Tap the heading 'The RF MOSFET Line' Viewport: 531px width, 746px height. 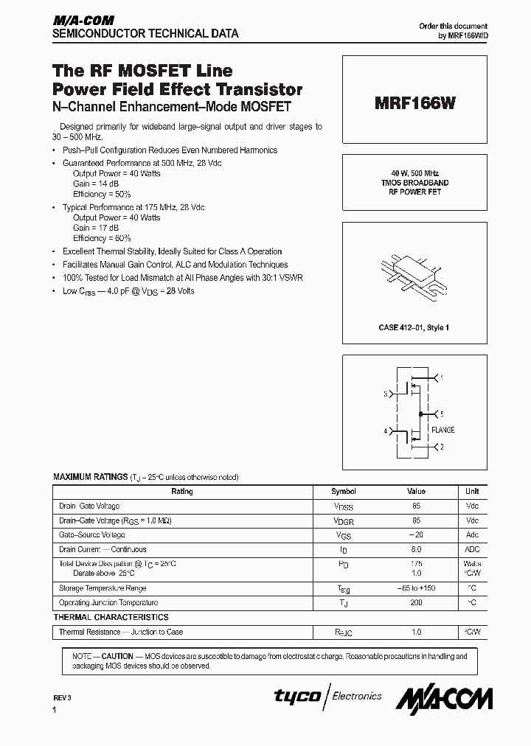pyautogui.click(x=142, y=71)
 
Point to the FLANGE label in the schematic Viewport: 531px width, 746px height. pyautogui.click(x=442, y=430)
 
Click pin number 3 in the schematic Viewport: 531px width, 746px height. pyautogui.click(x=385, y=394)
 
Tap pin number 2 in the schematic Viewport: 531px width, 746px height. pyautogui.click(x=441, y=447)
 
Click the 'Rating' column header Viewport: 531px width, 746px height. pyautogui.click(x=182, y=492)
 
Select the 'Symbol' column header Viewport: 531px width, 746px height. pyautogui.click(x=344, y=492)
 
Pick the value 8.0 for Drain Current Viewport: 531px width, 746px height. pyautogui.click(x=417, y=549)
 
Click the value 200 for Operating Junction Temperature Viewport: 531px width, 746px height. pyautogui.click(x=417, y=603)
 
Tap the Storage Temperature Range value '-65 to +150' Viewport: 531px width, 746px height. pyautogui.click(x=417, y=588)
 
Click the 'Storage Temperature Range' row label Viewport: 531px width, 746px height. pyautogui.click(x=103, y=588)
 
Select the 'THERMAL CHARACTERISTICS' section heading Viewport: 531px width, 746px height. pyautogui.click(x=111, y=617)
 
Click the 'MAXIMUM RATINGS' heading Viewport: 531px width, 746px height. pyautogui.click(x=90, y=477)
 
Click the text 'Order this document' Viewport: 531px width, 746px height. pyautogui.click(x=453, y=26)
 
